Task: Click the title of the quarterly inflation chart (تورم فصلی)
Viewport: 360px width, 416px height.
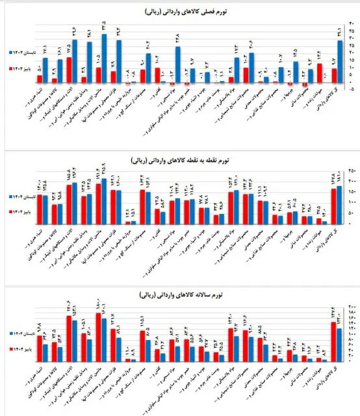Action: coord(180,12)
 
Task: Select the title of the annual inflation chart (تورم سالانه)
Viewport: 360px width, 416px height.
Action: coord(180,296)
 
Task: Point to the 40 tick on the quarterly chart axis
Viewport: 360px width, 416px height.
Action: coord(349,24)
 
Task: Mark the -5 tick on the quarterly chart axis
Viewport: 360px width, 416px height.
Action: coord(349,90)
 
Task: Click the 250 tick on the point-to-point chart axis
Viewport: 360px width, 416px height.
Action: coord(350,170)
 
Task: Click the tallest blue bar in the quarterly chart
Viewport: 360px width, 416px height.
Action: coord(105,59)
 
